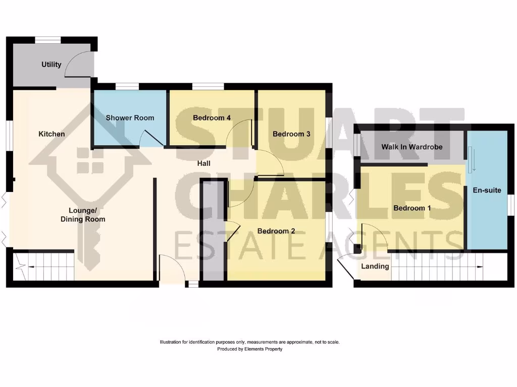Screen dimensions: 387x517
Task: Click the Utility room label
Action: point(51,64)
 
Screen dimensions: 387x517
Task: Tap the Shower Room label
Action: point(130,118)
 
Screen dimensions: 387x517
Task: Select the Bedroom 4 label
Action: point(212,118)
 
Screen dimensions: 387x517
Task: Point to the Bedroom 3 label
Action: point(291,134)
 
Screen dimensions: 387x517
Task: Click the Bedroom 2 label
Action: point(276,231)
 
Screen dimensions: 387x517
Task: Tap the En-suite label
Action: point(487,190)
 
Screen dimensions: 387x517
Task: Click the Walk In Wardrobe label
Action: point(411,147)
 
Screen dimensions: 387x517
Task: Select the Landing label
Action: point(375,266)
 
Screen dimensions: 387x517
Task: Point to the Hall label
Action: point(204,164)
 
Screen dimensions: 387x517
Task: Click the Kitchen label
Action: point(51,134)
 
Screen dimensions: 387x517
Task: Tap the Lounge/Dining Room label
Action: point(83,215)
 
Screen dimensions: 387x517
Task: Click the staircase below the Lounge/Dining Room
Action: point(43,266)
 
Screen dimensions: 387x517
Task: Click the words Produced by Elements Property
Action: point(249,349)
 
